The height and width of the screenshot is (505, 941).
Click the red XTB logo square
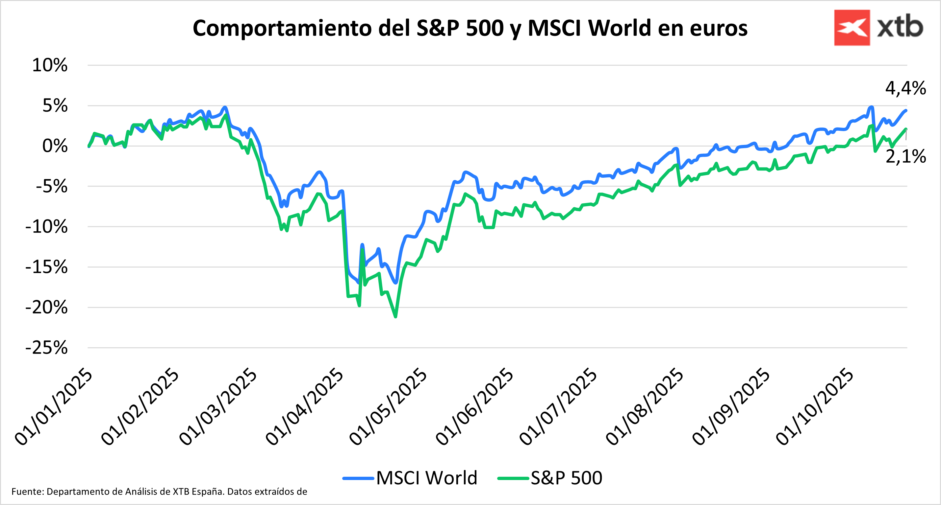pyautogui.click(x=852, y=28)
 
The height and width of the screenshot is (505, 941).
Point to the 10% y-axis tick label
pyautogui.click(x=50, y=65)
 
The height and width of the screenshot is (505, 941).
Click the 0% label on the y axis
pyautogui.click(x=55, y=146)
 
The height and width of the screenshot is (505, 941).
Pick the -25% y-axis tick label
pyautogui.click(x=46, y=348)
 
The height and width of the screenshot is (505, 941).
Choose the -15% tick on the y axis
pyautogui.click(x=46, y=267)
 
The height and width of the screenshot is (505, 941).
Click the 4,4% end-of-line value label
pyautogui.click(x=905, y=88)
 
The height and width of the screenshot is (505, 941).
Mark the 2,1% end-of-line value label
pyautogui.click(x=905, y=156)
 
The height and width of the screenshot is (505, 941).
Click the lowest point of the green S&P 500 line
pyautogui.click(x=395, y=317)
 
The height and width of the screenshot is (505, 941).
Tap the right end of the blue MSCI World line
pyautogui.click(x=906, y=110)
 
